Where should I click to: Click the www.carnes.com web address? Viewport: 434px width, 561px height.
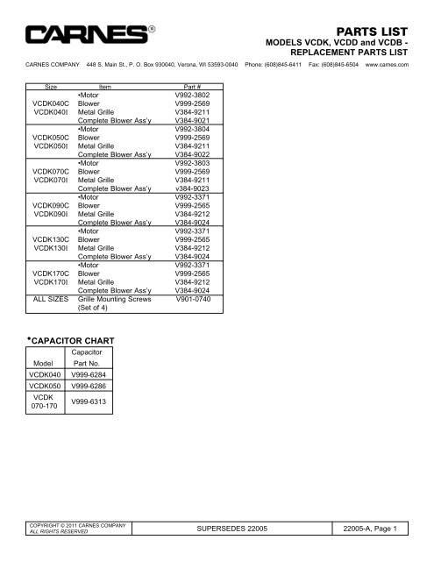pos(386,64)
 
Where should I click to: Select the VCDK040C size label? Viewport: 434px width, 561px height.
pos(51,103)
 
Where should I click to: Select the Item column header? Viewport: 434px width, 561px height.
pos(105,87)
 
